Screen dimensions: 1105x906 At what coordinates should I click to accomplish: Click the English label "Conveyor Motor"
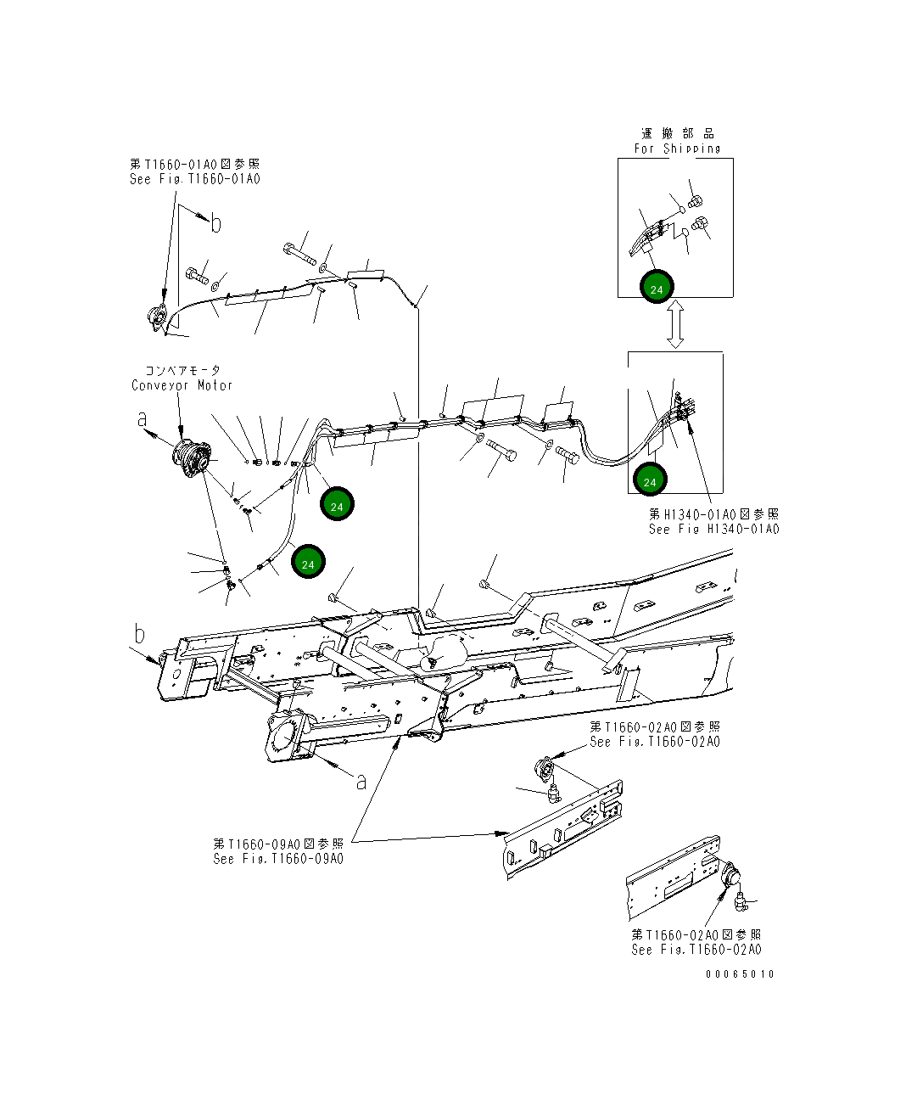(182, 385)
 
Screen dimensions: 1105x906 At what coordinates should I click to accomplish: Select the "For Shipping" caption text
(677, 149)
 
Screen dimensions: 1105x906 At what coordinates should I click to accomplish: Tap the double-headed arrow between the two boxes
(675, 325)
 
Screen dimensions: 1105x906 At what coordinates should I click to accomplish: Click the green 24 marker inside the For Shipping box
(656, 288)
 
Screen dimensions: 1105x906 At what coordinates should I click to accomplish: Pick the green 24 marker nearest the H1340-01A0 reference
(650, 480)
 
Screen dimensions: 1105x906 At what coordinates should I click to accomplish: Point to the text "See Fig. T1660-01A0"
(195, 179)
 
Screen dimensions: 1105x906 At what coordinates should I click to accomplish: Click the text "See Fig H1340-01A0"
(713, 529)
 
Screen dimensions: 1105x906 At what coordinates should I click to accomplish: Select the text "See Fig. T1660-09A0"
(278, 858)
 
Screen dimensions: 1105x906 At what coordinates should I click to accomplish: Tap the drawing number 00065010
(740, 973)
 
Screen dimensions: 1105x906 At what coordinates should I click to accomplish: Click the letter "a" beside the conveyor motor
(143, 419)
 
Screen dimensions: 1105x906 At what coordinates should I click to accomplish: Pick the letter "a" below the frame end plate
(361, 781)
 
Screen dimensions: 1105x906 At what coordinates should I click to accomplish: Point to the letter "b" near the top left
(215, 224)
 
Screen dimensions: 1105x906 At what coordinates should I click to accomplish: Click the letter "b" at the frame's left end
(139, 634)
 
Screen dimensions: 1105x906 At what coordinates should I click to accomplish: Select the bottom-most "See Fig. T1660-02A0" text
(696, 950)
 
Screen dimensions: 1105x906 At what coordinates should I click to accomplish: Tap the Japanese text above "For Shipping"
(677, 133)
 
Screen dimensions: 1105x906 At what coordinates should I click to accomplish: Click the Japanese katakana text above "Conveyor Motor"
(182, 370)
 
